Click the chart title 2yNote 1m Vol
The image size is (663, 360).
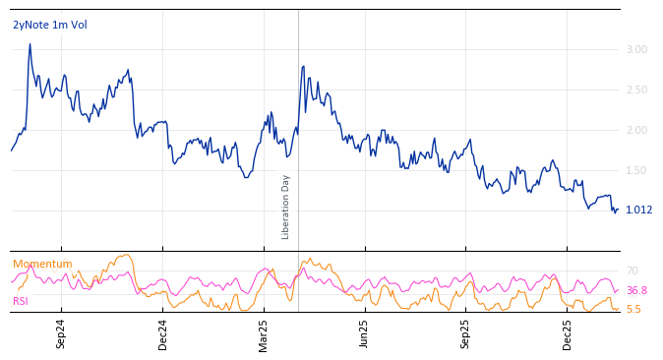49,25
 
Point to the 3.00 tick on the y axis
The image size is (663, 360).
636,49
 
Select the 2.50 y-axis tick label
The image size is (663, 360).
636,90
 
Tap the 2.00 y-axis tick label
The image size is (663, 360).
636,130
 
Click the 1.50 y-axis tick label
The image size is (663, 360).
636,170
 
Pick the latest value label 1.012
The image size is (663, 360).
638,210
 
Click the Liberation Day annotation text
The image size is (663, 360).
286,207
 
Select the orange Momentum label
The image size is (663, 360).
42,264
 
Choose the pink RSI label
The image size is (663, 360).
21,301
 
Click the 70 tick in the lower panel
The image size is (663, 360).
633,270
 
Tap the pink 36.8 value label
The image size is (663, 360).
636,290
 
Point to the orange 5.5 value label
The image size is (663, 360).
633,309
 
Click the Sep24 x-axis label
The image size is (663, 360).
61,333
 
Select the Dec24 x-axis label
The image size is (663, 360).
163,333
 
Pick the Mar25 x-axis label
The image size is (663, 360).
264,333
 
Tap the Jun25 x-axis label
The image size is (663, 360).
364,333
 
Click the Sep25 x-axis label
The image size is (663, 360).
466,333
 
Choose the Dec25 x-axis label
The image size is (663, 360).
568,333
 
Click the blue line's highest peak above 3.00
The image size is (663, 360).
30,44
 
